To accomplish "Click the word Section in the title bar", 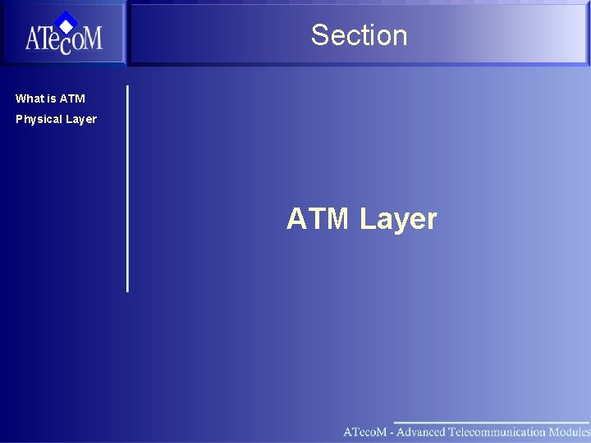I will (x=359, y=35).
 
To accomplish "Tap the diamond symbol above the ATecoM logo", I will (x=65, y=22).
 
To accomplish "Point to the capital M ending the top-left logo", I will (x=91, y=39).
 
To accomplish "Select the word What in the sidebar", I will (x=30, y=98).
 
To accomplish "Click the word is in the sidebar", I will (x=52, y=98).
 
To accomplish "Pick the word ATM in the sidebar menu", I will (x=72, y=98).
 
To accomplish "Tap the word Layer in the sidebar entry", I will (x=81, y=119).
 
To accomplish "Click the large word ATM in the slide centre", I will (x=318, y=219).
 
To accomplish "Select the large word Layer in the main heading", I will (x=398, y=219).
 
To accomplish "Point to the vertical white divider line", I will (x=127, y=188).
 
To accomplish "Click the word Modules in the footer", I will (x=570, y=432).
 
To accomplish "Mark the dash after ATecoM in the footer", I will (x=391, y=432).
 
